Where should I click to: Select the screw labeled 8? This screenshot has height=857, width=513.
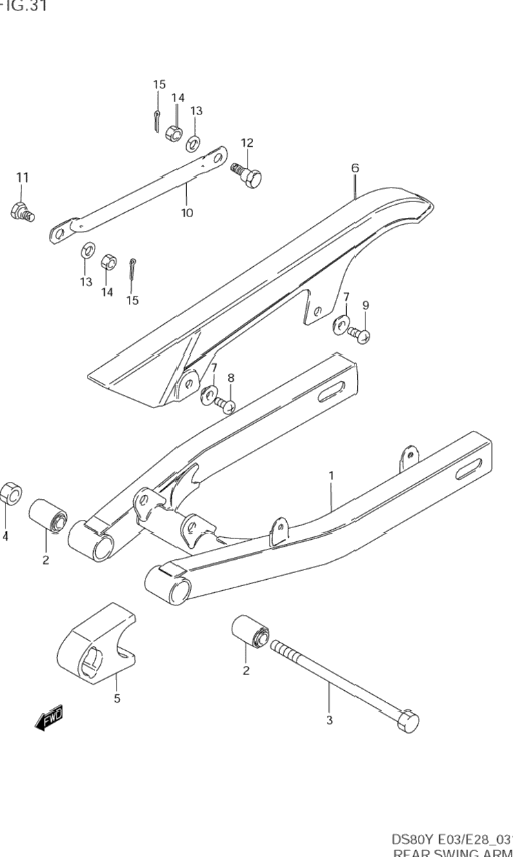pyautogui.click(x=225, y=405)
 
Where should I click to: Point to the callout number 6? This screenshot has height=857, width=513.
pyautogui.click(x=355, y=168)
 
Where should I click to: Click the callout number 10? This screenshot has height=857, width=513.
pyautogui.click(x=187, y=212)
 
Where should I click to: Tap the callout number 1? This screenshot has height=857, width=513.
pyautogui.click(x=331, y=475)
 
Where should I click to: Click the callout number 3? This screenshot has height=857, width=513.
pyautogui.click(x=329, y=720)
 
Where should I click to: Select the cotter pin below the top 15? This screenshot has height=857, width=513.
pyautogui.click(x=157, y=119)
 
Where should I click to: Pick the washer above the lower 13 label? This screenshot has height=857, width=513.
pyautogui.click(x=88, y=250)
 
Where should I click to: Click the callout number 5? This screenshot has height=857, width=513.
pyautogui.click(x=117, y=698)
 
